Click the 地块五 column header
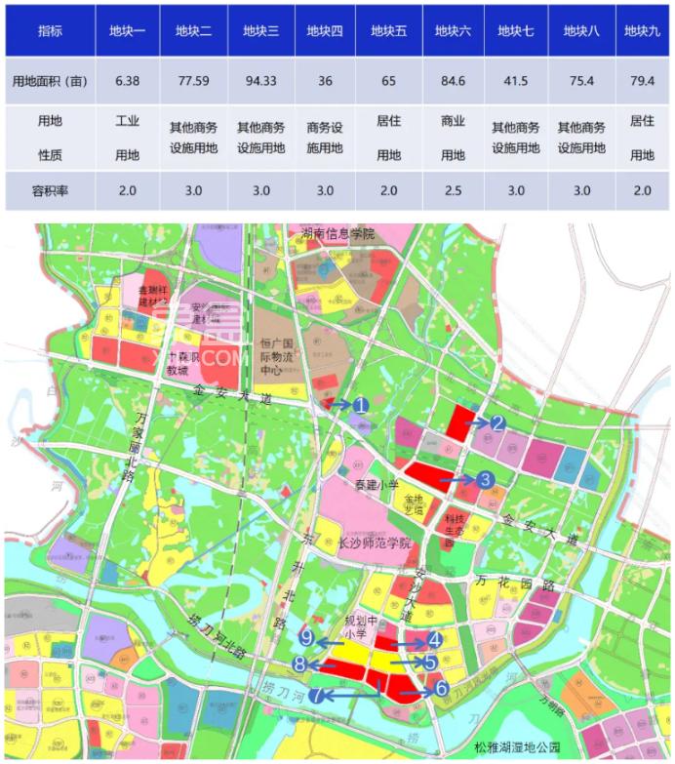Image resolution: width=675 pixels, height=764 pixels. pos(388,30)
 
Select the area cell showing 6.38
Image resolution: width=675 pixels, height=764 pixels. pos(127,81)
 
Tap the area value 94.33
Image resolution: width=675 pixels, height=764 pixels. pos(258,81)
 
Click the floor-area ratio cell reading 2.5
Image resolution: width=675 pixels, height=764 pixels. pos(453,191)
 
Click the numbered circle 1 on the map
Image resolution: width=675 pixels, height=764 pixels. pos(360,404)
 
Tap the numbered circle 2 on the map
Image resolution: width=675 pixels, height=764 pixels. pos(496,422)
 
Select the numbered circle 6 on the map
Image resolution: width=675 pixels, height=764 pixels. pos(441,687)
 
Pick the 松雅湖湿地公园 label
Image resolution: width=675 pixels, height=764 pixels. pos(517,746)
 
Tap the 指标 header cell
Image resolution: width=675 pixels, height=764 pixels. pos(47,30)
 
